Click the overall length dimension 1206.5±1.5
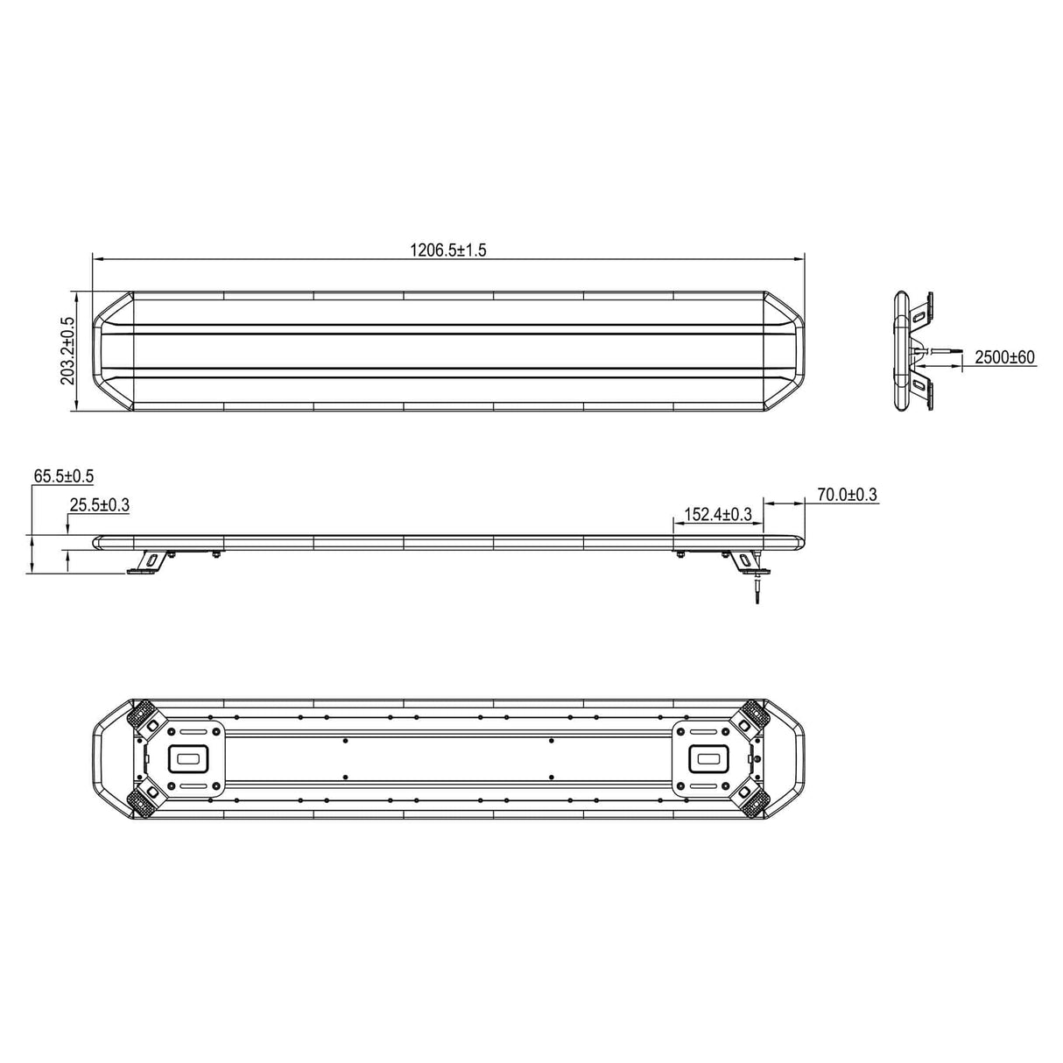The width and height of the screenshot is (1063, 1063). coord(447,250)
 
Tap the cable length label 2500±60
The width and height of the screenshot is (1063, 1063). coord(1004,356)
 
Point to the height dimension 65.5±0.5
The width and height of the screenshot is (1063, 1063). coord(63,476)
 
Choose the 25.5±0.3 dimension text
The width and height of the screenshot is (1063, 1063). coord(100,505)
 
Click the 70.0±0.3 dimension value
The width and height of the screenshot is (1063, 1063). coord(847,496)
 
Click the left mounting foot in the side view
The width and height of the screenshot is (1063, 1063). coord(146,563)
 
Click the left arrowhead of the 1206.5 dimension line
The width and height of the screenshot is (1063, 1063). coord(97,259)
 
